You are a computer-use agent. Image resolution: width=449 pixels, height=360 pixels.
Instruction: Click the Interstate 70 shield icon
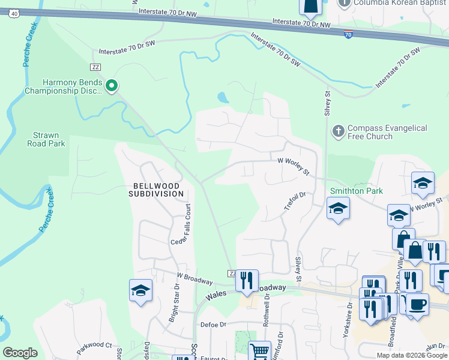click(x=348, y=35)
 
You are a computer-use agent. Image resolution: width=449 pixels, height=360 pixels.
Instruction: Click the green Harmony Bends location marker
click(x=111, y=86)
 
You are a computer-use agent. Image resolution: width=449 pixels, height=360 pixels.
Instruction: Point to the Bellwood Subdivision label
click(x=155, y=189)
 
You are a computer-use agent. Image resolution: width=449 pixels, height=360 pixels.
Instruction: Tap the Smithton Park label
click(x=357, y=191)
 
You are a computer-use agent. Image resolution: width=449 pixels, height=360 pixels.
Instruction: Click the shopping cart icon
click(x=259, y=350)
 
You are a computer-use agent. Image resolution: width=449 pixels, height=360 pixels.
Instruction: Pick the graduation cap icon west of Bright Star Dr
click(x=140, y=290)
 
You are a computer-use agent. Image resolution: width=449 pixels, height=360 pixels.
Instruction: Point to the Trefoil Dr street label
click(x=295, y=201)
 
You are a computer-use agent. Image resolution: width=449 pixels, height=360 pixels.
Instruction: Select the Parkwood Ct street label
click(x=94, y=346)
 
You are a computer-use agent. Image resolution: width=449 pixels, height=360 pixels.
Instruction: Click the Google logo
click(x=20, y=353)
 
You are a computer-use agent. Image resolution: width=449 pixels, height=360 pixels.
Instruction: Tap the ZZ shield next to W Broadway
click(x=232, y=274)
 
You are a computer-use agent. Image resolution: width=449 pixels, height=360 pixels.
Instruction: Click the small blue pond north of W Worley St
click(x=222, y=97)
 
